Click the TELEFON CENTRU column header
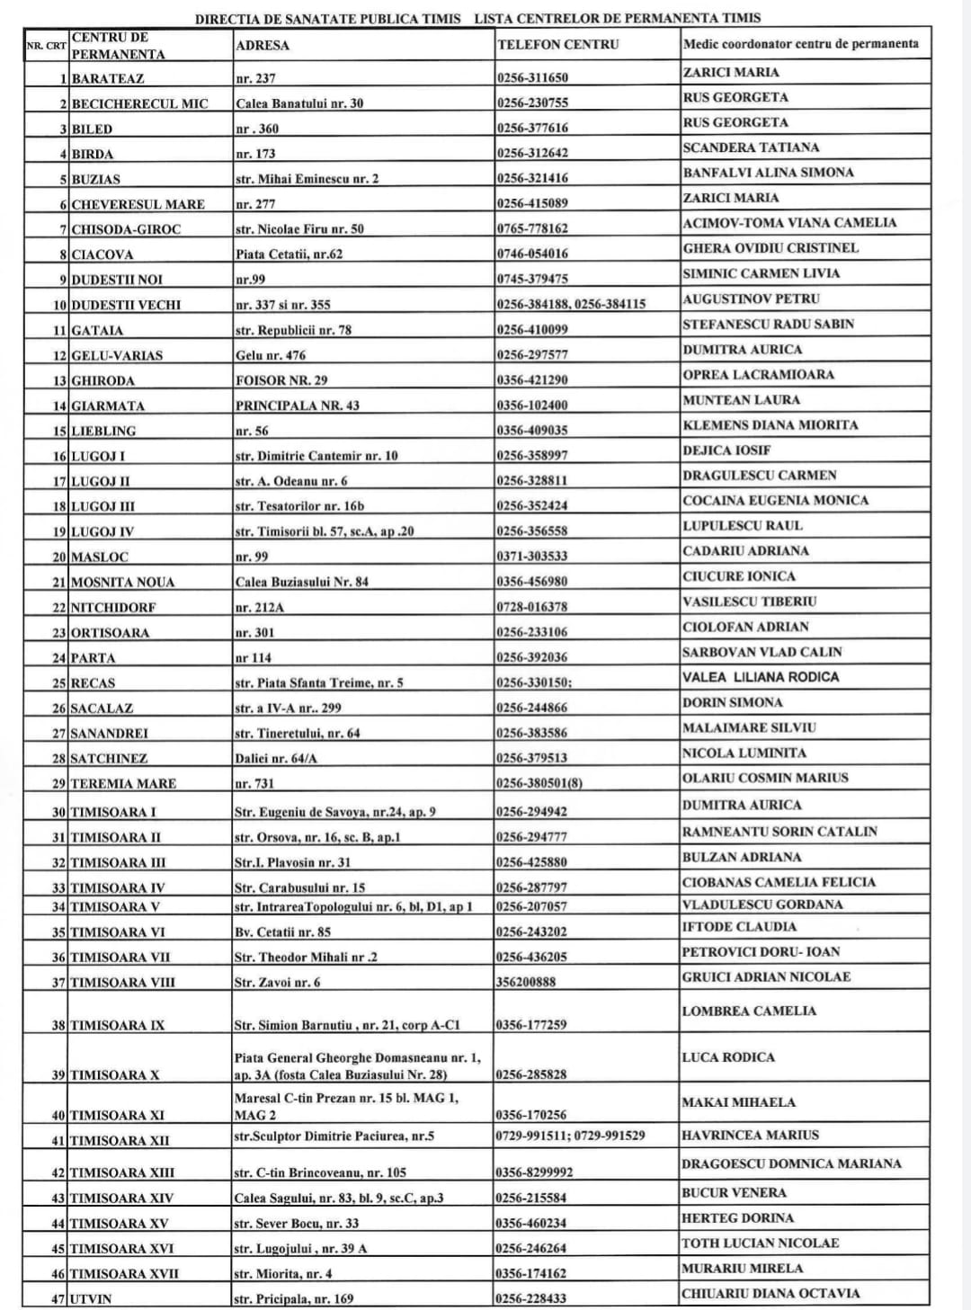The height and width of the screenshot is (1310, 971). click(557, 44)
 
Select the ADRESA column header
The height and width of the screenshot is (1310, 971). click(263, 45)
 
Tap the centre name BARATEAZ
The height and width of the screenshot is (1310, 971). click(108, 78)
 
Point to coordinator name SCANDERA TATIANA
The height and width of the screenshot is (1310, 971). click(751, 147)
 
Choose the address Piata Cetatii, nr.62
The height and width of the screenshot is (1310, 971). click(289, 254)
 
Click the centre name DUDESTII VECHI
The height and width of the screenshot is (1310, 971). click(126, 305)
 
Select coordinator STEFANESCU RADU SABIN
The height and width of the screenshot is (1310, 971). click(768, 324)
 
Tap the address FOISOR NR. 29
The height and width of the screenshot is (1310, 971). click(281, 380)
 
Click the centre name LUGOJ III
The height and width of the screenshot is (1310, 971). click(103, 506)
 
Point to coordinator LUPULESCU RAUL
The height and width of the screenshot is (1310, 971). click(743, 525)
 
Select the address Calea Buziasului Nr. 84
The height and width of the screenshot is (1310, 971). click(302, 582)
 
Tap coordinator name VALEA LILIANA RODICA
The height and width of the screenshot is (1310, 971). click(761, 676)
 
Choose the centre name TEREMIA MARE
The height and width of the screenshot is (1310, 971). click(123, 783)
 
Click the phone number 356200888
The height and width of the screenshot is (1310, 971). click(526, 982)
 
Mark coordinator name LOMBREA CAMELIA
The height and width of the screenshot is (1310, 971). click(749, 1011)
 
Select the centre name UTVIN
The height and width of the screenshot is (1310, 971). click(91, 1298)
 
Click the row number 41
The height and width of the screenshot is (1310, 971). click(58, 1140)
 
